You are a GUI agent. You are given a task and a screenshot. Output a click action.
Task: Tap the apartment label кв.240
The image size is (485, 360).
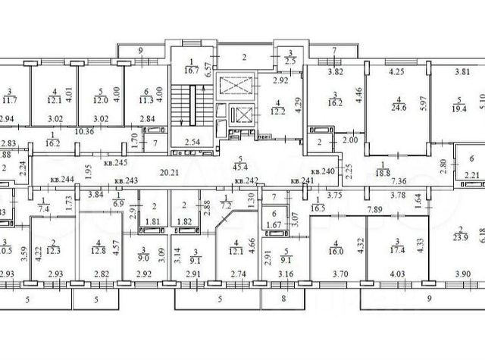tap(322, 172)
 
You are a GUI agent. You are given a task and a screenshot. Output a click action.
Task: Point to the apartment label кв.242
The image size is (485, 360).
tap(246, 180)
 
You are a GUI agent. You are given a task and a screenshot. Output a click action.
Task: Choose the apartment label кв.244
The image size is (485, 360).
tap(62, 180)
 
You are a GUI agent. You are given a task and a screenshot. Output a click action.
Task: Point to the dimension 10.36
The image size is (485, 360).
tap(85, 130)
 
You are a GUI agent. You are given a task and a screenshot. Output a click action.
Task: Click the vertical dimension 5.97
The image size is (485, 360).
tap(424, 107)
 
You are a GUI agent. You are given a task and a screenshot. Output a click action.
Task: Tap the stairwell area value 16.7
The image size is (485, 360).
tap(192, 69)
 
